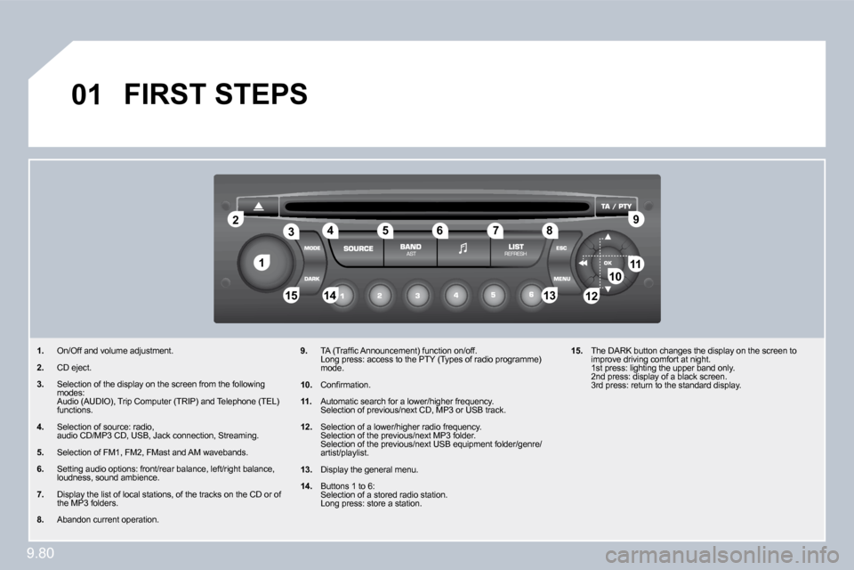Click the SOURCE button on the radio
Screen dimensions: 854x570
[x=358, y=248]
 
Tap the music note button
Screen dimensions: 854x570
[x=463, y=248]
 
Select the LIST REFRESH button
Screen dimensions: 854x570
[x=516, y=249]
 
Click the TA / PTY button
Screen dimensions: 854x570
[x=616, y=207]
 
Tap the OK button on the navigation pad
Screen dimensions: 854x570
[x=608, y=263]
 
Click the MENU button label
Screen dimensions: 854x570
[x=561, y=279]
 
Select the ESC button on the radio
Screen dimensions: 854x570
[x=561, y=248]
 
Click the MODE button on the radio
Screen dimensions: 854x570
[x=311, y=248]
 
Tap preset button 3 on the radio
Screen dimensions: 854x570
[x=418, y=296]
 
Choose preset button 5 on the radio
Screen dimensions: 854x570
[x=494, y=295]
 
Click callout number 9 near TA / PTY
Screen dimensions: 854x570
[x=635, y=219]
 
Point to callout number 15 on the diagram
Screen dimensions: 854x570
[x=292, y=295]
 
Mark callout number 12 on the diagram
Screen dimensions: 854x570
[x=591, y=297]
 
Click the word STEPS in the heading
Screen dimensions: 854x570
[x=262, y=94]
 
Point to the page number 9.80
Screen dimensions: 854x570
[x=40, y=553]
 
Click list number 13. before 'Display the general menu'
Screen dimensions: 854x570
[x=306, y=469]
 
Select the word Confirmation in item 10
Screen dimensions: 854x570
[x=345, y=385]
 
